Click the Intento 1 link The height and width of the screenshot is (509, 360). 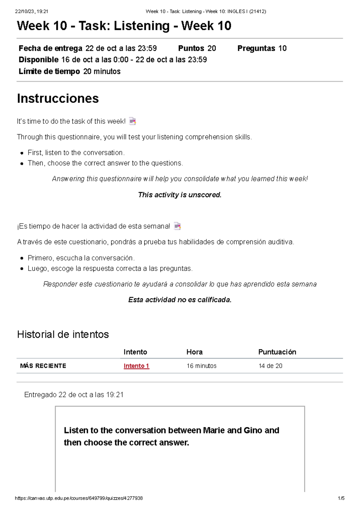136,366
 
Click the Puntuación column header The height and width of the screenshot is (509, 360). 277,352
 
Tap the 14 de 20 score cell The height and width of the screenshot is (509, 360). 270,366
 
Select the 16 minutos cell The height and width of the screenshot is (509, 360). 201,366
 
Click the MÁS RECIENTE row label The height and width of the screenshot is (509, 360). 43,366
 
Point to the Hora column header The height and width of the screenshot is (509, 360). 194,352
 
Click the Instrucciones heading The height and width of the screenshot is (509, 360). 58,98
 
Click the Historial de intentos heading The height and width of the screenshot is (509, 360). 63,334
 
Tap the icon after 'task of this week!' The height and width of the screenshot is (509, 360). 132,121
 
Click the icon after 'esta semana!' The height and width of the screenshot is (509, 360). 177,226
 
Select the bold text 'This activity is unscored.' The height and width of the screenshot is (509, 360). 180,195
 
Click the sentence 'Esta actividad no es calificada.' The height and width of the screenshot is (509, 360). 180,300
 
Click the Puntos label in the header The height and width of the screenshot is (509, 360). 191,48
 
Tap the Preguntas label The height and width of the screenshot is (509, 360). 256,48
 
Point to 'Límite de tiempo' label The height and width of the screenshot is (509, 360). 49,71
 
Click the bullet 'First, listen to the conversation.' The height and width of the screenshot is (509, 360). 76,153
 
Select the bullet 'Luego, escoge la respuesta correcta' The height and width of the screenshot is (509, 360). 110,268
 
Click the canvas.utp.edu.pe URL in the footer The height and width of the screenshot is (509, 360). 79,498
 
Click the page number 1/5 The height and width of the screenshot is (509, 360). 341,498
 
